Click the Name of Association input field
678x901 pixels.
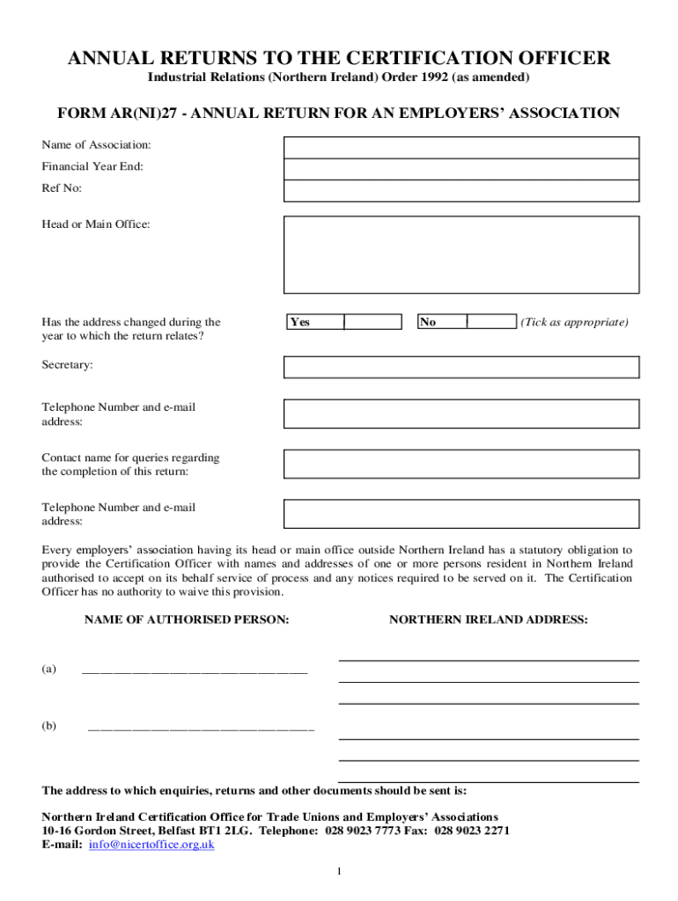461,147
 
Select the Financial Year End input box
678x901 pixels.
461,169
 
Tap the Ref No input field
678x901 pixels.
461,191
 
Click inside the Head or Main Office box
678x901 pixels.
461,254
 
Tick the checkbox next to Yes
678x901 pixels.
372,322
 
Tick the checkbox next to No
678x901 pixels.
491,322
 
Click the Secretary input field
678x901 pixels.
461,367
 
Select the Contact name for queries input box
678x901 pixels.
461,465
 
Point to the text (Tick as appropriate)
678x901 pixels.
574,322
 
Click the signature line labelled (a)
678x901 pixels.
195,671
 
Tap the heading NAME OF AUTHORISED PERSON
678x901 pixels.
187,620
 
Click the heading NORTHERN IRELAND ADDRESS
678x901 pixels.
489,620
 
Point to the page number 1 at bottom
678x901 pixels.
339,872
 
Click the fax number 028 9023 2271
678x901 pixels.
472,831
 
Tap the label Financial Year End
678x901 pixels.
92,166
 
